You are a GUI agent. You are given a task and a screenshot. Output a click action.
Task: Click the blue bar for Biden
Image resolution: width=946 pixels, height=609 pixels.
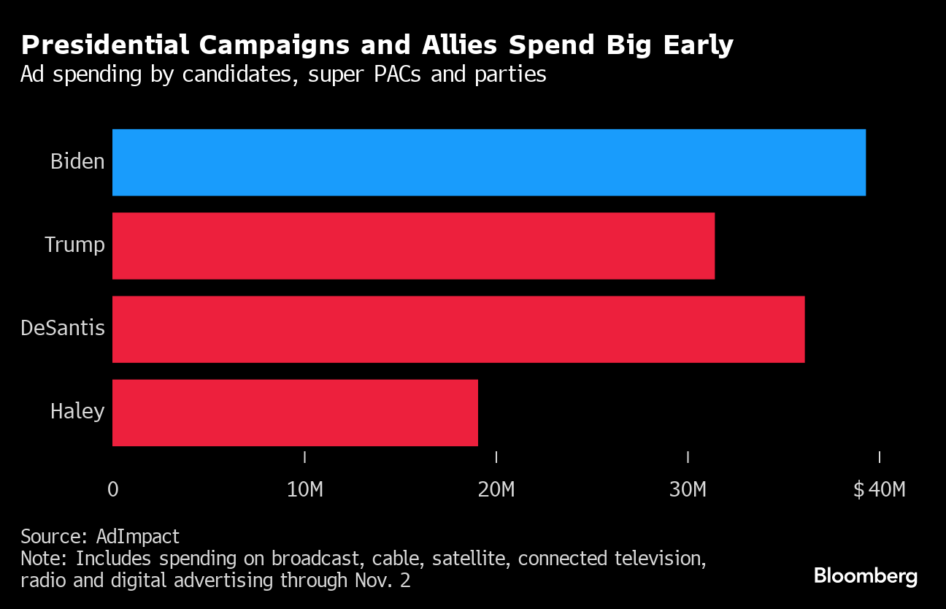point(488,162)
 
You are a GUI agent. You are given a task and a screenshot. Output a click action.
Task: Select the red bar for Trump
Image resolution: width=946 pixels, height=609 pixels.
point(413,245)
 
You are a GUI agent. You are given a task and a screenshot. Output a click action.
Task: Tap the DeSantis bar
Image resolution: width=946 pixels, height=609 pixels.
point(458,329)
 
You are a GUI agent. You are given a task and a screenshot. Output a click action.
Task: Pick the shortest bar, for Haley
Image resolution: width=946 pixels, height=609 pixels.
point(295,412)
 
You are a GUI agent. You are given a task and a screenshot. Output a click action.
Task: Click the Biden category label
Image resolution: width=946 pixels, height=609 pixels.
point(77,161)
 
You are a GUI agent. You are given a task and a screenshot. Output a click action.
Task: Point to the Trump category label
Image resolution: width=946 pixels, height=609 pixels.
point(74,245)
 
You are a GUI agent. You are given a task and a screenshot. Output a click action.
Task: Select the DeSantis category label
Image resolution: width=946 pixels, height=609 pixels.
point(63,328)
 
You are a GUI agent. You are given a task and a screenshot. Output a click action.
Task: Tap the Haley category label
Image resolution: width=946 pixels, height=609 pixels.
point(77,411)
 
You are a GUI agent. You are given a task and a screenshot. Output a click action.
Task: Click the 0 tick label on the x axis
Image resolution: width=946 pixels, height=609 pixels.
point(112,489)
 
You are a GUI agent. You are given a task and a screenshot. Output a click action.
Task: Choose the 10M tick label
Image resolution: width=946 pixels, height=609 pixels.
point(304,489)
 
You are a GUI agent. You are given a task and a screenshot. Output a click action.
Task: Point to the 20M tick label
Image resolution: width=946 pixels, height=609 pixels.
point(496,489)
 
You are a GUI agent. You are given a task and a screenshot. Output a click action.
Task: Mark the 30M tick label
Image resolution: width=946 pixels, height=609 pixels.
point(688,489)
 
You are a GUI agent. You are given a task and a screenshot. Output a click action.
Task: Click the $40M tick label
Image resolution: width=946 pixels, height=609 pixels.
point(879,489)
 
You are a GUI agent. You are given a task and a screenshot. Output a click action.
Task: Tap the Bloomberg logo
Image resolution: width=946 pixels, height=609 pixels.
point(866,576)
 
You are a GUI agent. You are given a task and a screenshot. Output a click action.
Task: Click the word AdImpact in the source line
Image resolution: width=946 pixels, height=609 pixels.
point(138,537)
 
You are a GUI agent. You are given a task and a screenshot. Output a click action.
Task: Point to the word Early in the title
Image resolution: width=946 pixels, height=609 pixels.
point(696,46)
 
